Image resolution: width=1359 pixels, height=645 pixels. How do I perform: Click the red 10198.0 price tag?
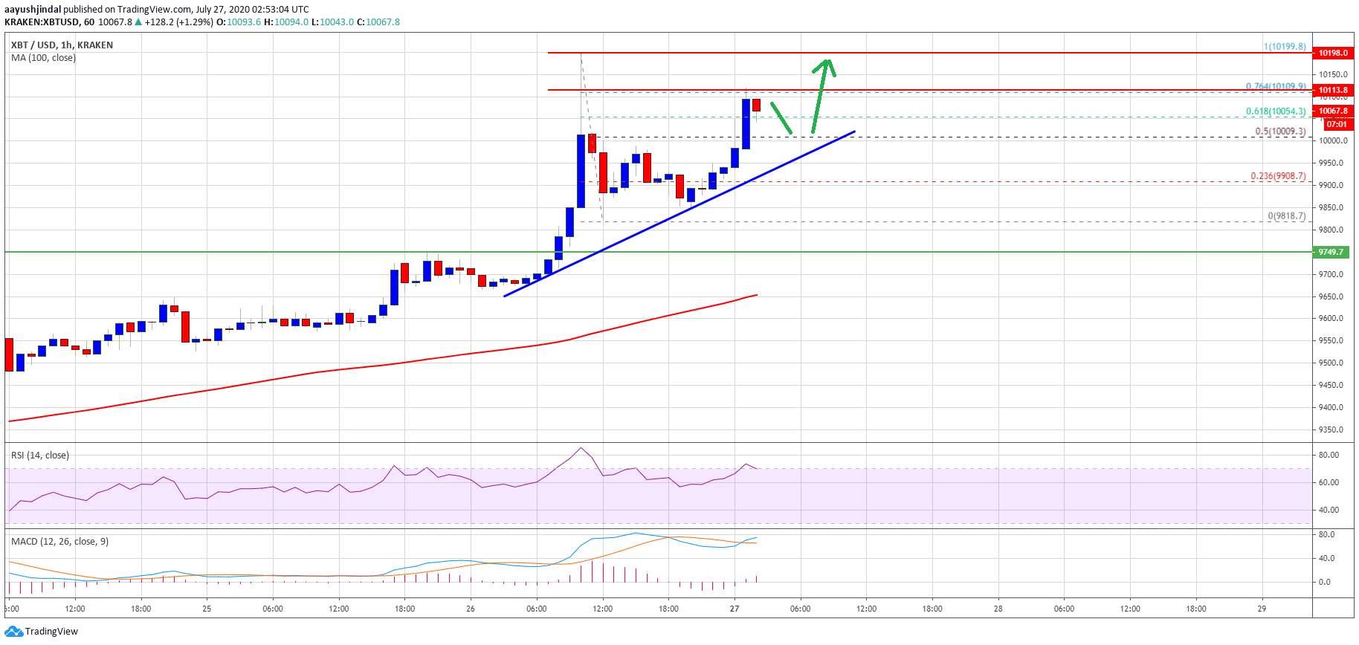point(1332,53)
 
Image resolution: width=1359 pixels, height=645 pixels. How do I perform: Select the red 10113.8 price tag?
point(1332,90)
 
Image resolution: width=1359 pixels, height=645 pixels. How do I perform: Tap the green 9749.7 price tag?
point(1331,252)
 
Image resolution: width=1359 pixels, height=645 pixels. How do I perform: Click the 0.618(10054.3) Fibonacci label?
point(1276,111)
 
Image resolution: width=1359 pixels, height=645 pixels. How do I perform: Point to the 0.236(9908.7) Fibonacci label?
point(1278,176)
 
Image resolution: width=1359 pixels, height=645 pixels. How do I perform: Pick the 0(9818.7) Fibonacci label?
point(1287,216)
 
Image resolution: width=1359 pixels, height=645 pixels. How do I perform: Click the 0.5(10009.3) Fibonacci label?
point(1280,132)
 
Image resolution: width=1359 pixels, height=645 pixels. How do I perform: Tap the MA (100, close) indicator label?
point(43,58)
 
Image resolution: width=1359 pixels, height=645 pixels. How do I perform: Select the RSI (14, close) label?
point(40,455)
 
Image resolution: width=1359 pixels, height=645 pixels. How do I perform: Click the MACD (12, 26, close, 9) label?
point(59,541)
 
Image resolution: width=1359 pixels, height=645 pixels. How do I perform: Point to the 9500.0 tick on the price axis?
point(1331,363)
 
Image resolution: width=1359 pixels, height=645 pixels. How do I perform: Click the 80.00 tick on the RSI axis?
point(1329,455)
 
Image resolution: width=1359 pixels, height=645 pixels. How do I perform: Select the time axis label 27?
point(735,609)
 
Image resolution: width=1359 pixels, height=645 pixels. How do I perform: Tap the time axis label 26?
point(471,609)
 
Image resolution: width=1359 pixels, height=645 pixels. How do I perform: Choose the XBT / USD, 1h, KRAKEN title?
point(62,45)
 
